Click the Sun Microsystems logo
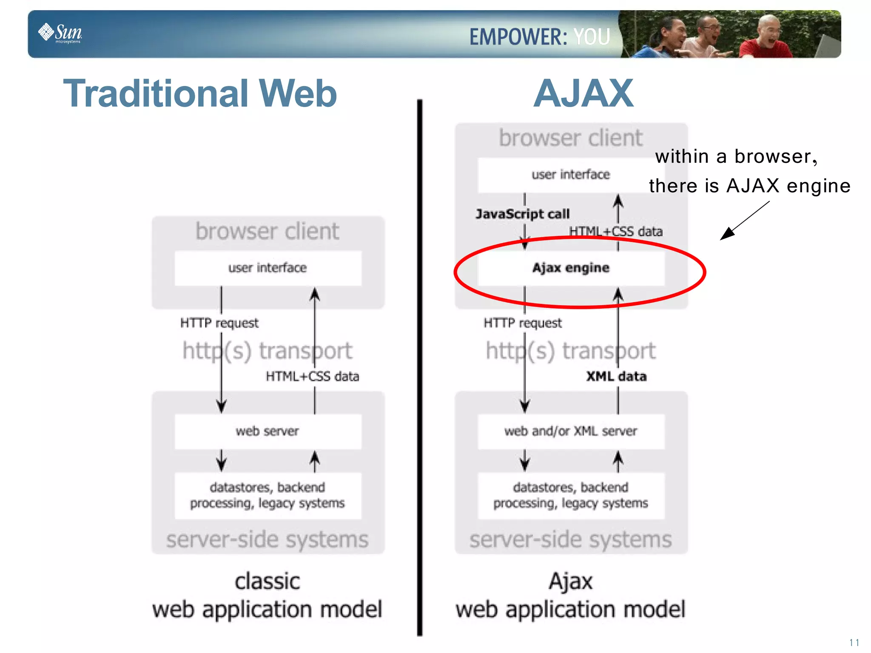coord(60,33)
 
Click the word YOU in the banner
coord(592,37)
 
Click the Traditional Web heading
coord(200,94)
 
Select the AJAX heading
coord(583,94)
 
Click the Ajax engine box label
coord(571,268)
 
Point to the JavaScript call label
coord(522,214)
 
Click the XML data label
coord(616,376)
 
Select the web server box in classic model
coord(268,431)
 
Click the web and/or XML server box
coord(571,431)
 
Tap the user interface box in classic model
coord(268,268)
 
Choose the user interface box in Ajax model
coord(571,175)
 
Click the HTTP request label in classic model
coord(219,323)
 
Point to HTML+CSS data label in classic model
coord(312,376)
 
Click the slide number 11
coord(854,642)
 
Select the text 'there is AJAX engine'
coord(749,186)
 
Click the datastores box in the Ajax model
coord(571,495)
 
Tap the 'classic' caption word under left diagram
coord(268,582)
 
